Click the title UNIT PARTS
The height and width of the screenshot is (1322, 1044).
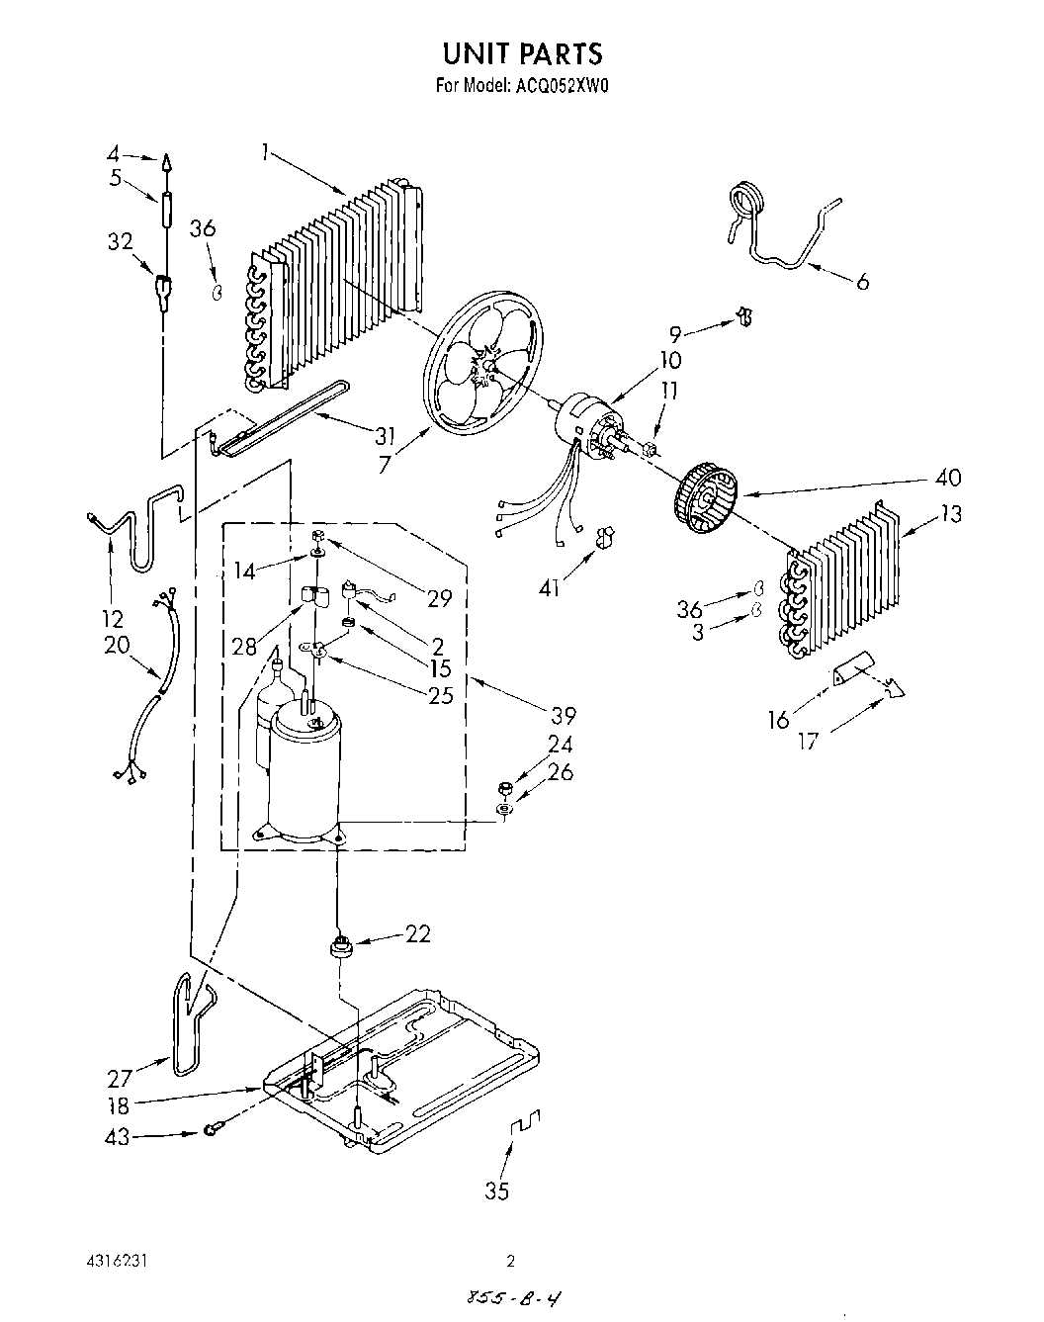[521, 51]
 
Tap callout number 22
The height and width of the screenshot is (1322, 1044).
[418, 933]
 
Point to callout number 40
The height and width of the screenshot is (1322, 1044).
[947, 478]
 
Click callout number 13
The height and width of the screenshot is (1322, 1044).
[951, 514]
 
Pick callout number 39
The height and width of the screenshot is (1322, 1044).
[565, 715]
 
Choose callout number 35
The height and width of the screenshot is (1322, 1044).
[497, 1191]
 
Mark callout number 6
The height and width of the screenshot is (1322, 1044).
[862, 283]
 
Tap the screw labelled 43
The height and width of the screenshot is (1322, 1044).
[212, 1130]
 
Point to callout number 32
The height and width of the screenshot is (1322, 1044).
[119, 242]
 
